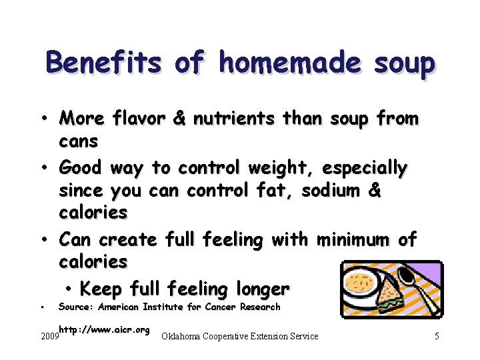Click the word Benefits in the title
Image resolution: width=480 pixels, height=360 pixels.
pos(103,63)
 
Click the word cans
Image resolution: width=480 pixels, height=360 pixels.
pos(79,141)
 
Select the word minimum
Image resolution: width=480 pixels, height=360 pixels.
pos(356,239)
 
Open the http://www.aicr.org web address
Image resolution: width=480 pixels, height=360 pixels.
pos(103,329)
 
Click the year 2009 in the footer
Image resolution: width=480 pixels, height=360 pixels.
pos(49,337)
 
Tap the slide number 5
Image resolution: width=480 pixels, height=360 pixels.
pos(437,337)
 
